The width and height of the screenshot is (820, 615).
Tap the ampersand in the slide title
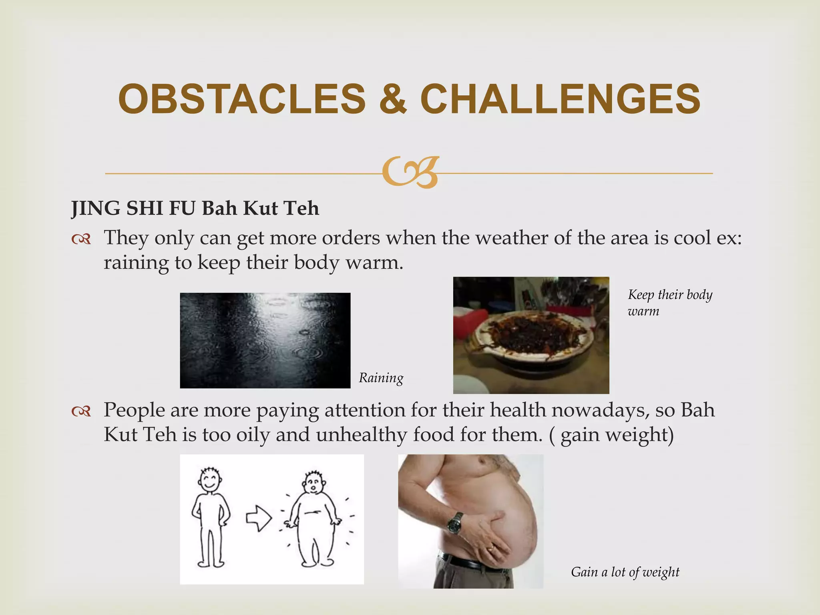coord(392,99)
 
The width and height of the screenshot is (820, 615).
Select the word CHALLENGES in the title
coord(560,99)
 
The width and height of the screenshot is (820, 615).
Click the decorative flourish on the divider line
coord(410,173)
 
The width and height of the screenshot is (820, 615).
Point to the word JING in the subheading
coord(95,208)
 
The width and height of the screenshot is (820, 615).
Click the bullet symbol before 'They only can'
coord(81,239)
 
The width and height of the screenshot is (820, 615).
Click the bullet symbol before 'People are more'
coord(81,411)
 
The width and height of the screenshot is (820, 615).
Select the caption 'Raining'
coord(381,378)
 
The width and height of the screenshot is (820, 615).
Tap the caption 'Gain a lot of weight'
coord(625,572)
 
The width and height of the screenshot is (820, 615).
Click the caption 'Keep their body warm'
coord(669,302)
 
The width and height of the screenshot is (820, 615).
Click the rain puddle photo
coord(265,340)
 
